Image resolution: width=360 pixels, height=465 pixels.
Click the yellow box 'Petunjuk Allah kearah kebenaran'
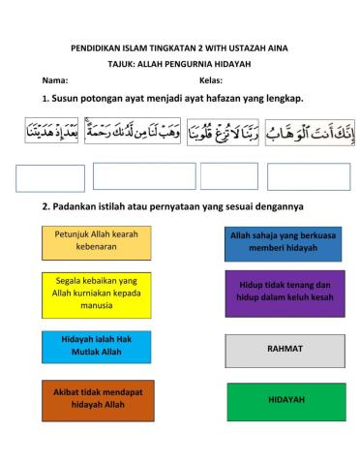point(96,241)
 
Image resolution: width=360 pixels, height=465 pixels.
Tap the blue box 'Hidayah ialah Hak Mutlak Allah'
point(96,346)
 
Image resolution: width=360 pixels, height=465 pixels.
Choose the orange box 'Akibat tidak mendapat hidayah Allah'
point(96,398)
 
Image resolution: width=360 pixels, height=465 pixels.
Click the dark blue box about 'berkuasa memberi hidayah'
point(284,242)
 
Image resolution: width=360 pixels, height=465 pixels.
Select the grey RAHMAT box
point(285,349)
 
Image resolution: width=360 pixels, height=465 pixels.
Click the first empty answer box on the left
point(50,178)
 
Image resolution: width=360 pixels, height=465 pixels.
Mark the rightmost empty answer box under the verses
point(308,176)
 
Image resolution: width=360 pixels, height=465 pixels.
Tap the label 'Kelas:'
point(211,79)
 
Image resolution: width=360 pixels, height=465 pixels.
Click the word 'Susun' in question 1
point(70,99)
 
